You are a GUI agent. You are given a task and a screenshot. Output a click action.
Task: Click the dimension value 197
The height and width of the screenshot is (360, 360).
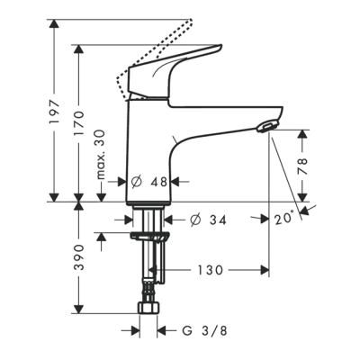pyautogui.click(x=52, y=110)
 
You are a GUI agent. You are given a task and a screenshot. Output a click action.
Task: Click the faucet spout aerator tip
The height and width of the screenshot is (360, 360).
pyautogui.click(x=267, y=126)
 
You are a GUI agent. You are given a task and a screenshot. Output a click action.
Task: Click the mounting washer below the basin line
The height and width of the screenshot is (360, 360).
pyautogui.click(x=148, y=237)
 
